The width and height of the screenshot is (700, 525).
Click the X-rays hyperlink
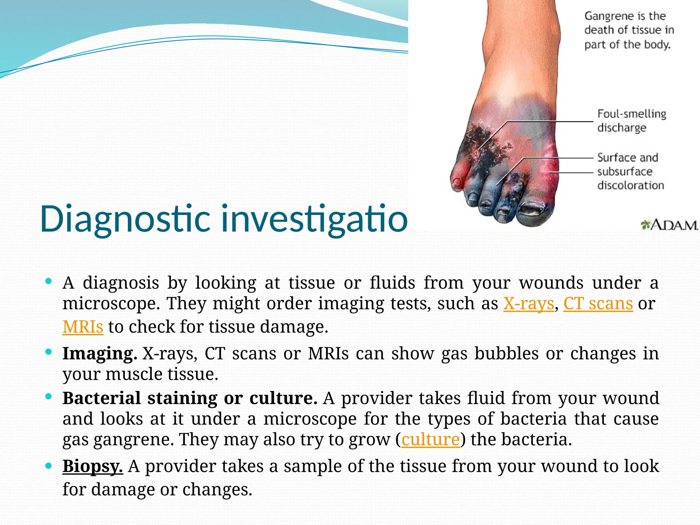528,304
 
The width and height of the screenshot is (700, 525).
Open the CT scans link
598,304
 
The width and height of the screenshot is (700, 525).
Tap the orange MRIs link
83,327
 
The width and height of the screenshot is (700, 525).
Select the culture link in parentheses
430,440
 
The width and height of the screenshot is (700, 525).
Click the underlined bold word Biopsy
92,466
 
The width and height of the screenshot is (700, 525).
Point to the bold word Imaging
99,354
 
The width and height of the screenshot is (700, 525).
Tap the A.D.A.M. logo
669,225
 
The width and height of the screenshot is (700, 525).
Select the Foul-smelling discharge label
631,120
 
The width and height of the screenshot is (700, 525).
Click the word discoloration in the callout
631,185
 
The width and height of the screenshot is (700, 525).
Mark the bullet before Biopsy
49,466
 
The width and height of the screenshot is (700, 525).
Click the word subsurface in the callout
625,172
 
